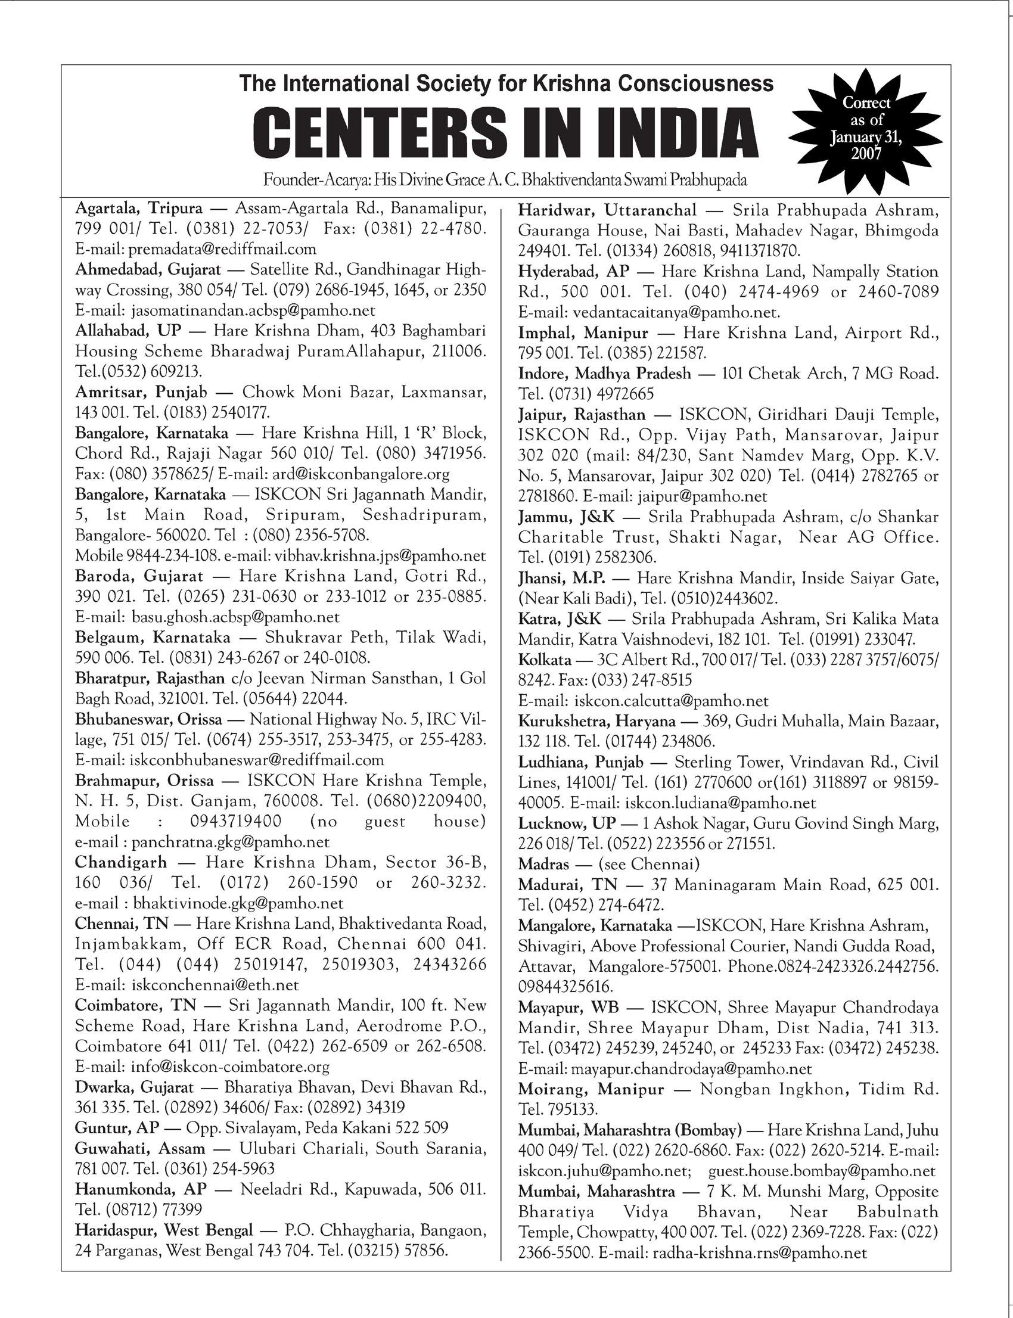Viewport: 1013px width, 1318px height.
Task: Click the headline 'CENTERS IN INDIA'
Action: pos(505,132)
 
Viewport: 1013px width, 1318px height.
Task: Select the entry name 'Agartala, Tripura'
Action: pos(139,209)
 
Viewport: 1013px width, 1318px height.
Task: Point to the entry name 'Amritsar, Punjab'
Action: pos(141,393)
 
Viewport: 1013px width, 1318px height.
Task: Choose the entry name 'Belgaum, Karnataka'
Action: pos(153,638)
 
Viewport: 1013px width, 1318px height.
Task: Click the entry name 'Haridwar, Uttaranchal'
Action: pos(607,210)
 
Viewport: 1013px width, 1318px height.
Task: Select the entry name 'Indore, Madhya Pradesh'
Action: pos(605,374)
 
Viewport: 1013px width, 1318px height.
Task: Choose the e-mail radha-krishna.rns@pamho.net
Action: pos(759,1253)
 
